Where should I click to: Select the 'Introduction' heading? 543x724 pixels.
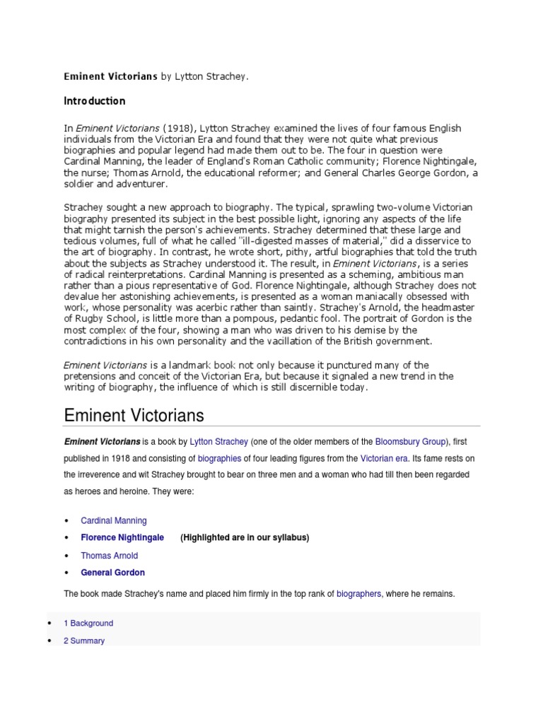coord(95,101)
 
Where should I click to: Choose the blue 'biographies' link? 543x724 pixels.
coord(219,458)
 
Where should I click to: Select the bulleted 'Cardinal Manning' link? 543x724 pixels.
coord(114,520)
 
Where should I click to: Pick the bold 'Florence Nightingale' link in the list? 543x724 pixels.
coord(122,537)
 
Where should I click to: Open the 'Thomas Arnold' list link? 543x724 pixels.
coord(109,556)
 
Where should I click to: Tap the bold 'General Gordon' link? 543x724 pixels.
coord(112,573)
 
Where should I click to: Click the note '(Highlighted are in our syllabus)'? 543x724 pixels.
coord(245,537)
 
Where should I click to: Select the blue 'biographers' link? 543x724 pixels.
coord(360,594)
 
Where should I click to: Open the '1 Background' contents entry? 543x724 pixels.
coord(88,624)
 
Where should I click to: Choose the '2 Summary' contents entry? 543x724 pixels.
coord(84,641)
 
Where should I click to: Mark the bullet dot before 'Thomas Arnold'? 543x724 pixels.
coord(66,556)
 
